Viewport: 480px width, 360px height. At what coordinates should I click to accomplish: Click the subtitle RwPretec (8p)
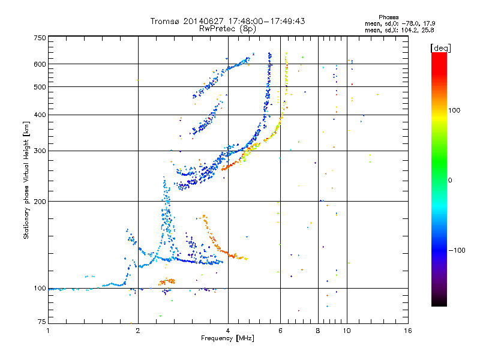pos(227,29)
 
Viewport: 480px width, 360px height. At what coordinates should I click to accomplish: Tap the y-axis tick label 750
pos(40,38)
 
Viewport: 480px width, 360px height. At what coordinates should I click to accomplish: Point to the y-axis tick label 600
pos(40,64)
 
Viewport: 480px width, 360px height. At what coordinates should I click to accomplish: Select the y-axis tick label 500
pos(40,86)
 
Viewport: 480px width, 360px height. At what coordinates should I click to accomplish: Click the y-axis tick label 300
pos(40,151)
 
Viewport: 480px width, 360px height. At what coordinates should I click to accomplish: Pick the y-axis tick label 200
pos(40,201)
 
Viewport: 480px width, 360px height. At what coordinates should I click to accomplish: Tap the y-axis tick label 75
pos(42,322)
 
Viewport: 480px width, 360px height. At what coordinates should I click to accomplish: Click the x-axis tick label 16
pos(408,331)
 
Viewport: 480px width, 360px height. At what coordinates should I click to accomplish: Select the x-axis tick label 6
pos(280,331)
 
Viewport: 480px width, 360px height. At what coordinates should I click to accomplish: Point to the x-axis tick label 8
pos(318,331)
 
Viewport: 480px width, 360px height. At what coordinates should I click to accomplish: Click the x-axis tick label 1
pos(48,331)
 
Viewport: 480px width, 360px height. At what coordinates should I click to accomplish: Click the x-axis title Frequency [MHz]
pos(227,338)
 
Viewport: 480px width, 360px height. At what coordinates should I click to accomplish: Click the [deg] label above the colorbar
pos(440,49)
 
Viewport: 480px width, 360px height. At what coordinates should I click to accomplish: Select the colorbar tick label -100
pos(457,250)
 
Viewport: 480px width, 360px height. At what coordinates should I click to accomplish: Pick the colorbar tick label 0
pos(450,181)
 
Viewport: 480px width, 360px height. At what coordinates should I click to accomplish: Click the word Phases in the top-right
pos(388,17)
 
